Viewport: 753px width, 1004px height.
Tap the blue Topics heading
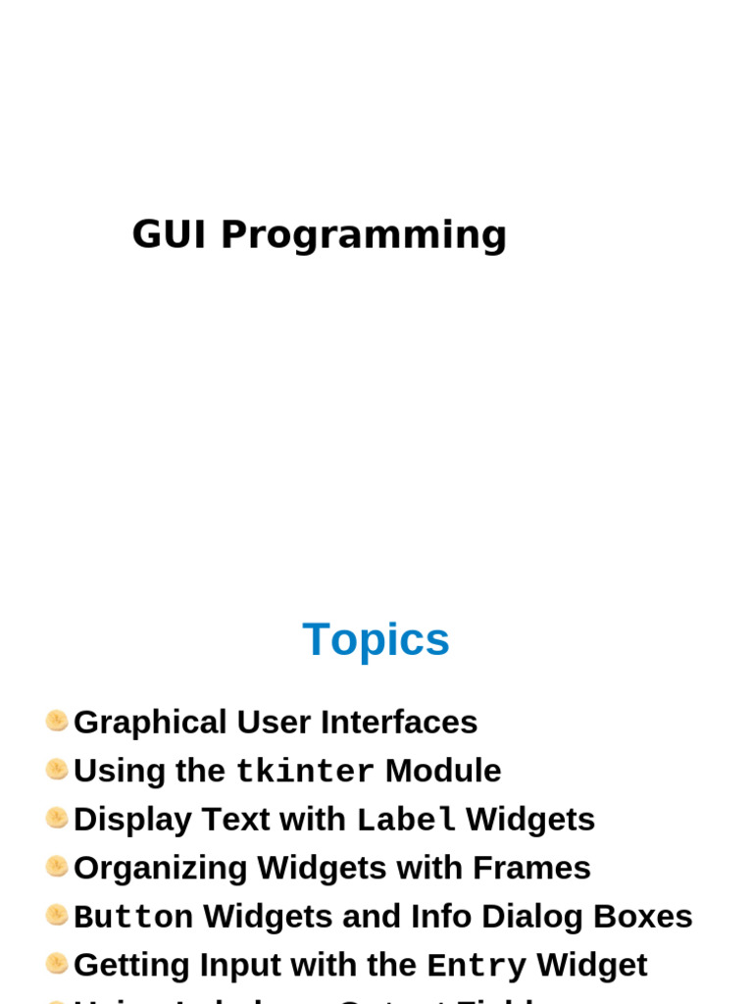click(376, 639)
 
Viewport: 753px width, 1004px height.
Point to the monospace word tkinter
click(305, 772)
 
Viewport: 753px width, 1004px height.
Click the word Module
click(443, 771)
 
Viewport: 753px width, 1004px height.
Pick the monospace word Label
click(406, 820)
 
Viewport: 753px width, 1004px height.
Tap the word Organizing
click(160, 869)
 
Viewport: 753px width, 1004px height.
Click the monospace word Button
click(133, 917)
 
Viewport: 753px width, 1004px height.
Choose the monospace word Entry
click(477, 966)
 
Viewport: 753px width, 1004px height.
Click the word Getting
click(132, 966)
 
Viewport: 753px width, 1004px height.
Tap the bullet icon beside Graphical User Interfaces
click(57, 722)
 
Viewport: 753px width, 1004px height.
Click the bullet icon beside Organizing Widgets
click(57, 867)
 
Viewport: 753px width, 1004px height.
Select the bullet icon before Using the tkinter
click(57, 770)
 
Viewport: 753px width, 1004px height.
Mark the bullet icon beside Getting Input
click(57, 964)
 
